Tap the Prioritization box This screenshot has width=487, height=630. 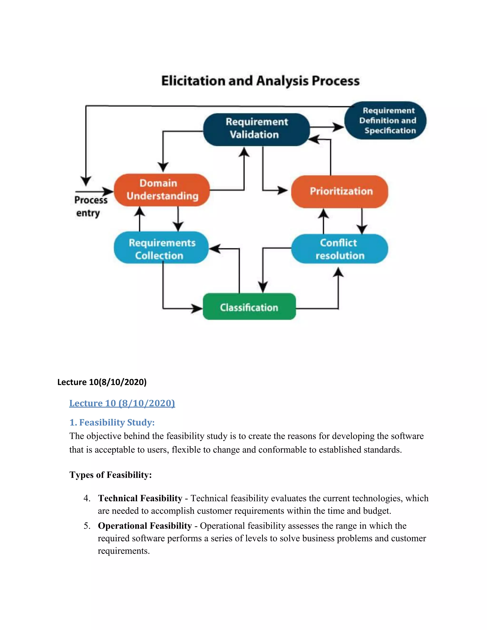pyautogui.click(x=340, y=191)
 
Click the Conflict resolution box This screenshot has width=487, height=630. pyautogui.click(x=340, y=249)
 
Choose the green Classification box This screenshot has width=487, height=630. pyautogui.click(x=249, y=307)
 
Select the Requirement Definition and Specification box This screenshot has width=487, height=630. pyautogui.click(x=386, y=121)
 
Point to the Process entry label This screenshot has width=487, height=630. pyautogui.click(x=90, y=206)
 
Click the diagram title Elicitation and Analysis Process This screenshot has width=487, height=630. pyautogui.click(x=260, y=81)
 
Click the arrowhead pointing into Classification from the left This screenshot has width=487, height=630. pyautogui.click(x=198, y=308)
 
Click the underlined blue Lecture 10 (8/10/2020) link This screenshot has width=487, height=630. pyautogui.click(x=122, y=403)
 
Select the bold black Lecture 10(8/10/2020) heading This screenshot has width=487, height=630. pyautogui.click(x=102, y=382)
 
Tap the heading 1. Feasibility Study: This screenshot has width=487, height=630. pyautogui.click(x=112, y=422)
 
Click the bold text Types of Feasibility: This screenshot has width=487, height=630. pyautogui.click(x=111, y=475)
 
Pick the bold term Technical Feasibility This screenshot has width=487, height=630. pyautogui.click(x=140, y=498)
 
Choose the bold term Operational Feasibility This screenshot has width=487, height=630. pyautogui.click(x=145, y=526)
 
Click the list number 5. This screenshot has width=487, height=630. pyautogui.click(x=87, y=526)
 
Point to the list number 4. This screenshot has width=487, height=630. pyautogui.click(x=87, y=498)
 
